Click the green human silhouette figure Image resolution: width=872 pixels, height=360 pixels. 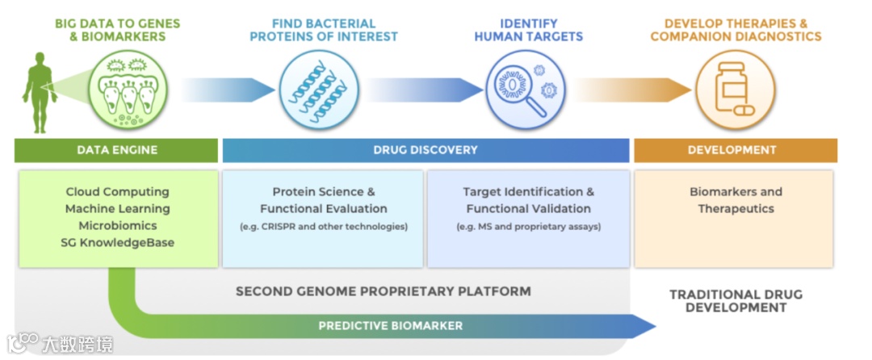(39, 90)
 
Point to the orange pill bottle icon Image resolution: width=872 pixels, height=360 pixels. (734, 90)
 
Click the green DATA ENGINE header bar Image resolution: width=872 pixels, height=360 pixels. (117, 150)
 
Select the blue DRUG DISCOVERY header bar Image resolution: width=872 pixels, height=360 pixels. (426, 150)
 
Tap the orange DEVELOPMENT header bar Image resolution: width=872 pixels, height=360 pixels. (732, 150)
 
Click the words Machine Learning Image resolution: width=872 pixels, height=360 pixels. (117, 209)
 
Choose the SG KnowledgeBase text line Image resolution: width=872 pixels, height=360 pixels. (117, 243)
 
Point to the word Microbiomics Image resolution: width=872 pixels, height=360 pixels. (117, 226)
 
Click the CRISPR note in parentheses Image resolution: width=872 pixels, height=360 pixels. (324, 227)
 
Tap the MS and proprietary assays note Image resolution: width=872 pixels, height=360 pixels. (528, 227)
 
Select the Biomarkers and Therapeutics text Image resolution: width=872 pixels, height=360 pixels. (736, 200)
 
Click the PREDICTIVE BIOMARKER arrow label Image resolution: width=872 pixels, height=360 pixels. (390, 326)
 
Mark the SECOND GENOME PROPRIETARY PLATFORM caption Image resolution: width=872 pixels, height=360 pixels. (383, 291)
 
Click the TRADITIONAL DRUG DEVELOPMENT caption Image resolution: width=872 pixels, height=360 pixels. (736, 301)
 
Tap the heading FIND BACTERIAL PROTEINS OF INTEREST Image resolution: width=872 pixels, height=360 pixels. (324, 30)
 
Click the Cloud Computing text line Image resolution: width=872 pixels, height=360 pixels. (117, 192)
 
